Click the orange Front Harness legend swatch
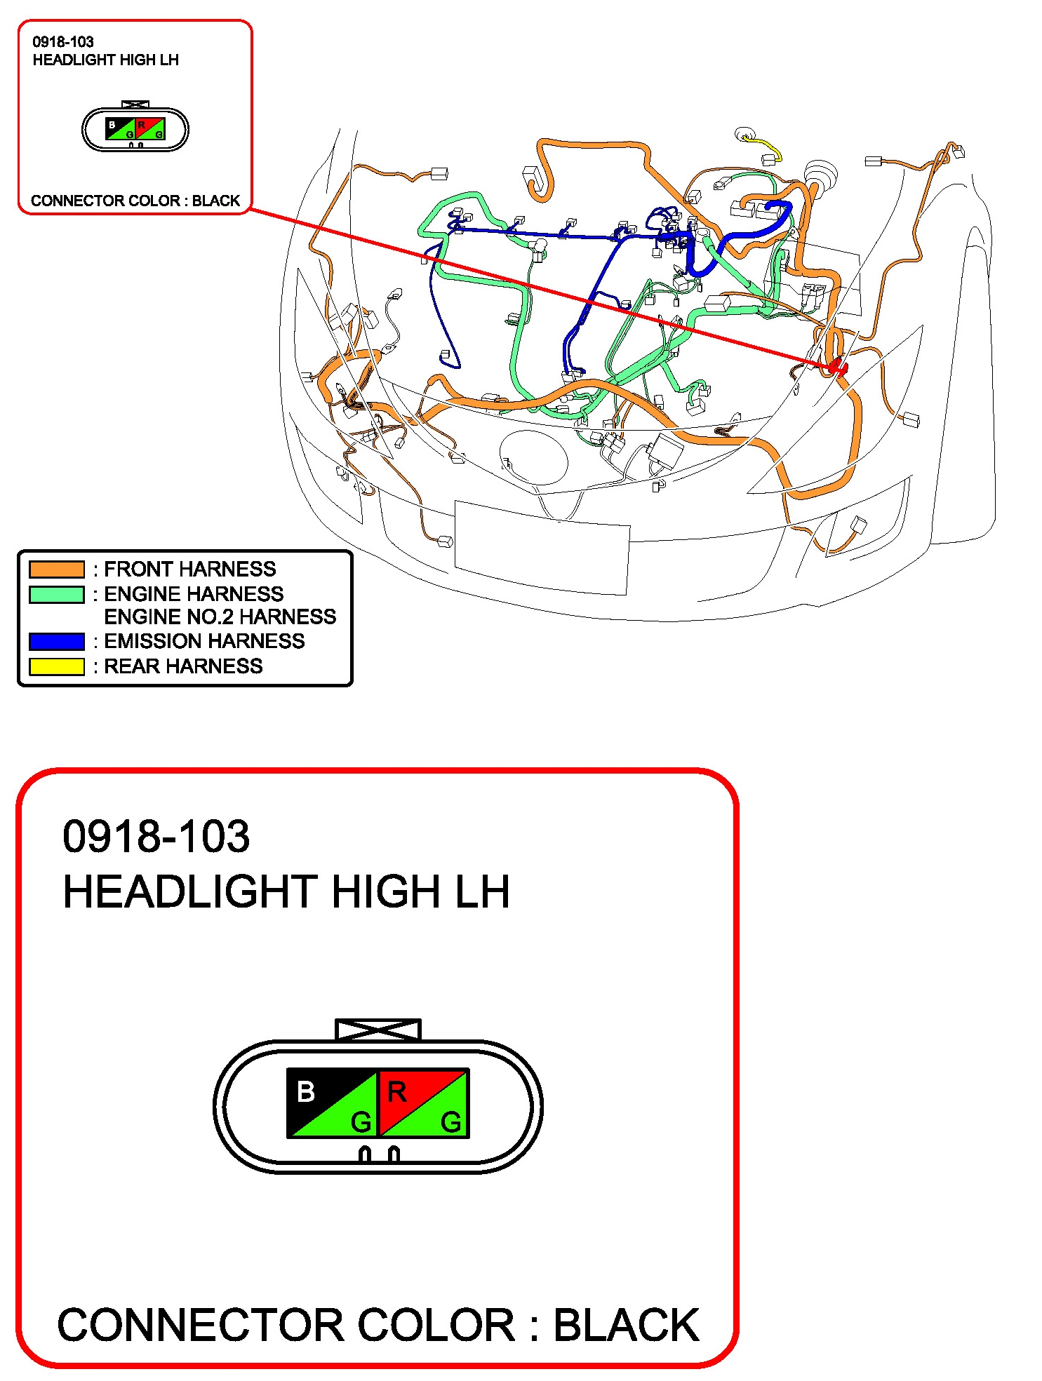tap(56, 569)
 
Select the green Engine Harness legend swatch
tap(56, 594)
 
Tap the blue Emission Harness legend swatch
tap(56, 641)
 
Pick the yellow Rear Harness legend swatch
tap(56, 666)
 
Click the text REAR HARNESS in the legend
tap(183, 666)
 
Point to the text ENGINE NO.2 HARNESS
tap(220, 617)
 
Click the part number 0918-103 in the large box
tap(156, 836)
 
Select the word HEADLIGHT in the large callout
tap(190, 891)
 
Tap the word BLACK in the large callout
tap(626, 1325)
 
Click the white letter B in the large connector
tap(306, 1091)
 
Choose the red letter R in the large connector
tap(396, 1091)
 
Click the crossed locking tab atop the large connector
tap(378, 1030)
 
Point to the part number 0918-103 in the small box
tap(63, 42)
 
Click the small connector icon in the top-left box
tap(135, 128)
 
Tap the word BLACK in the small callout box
tap(216, 201)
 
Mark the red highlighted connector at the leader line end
tap(837, 367)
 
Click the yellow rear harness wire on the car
tap(764, 144)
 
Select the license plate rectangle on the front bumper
tap(542, 547)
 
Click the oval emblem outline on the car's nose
tap(533, 457)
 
